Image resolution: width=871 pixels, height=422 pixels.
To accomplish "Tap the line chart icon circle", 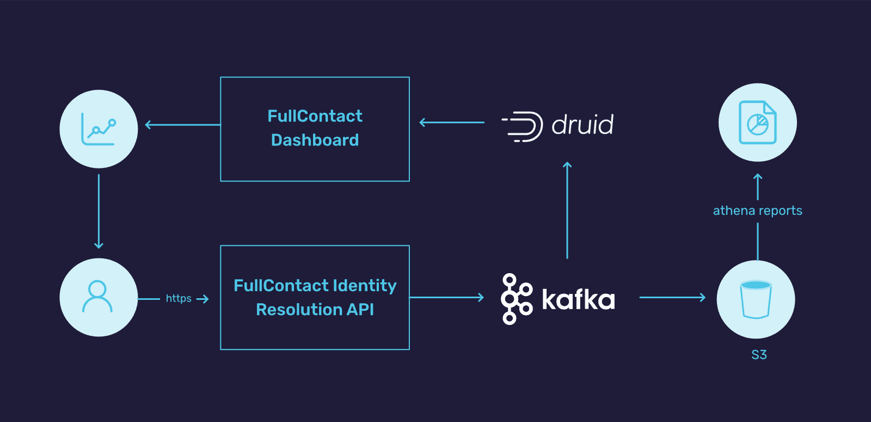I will [x=99, y=129].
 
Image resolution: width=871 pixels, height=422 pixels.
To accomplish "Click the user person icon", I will [x=97, y=297].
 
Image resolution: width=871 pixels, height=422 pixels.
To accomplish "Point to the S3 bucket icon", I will [x=756, y=299].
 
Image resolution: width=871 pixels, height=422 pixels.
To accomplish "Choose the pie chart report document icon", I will [x=757, y=123].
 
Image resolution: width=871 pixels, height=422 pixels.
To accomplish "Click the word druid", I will [x=582, y=125].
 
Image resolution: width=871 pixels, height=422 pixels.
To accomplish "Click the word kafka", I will [x=578, y=299].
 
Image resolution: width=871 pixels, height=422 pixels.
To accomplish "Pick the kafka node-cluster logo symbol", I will [x=516, y=299].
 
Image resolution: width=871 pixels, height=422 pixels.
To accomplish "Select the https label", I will [x=179, y=298].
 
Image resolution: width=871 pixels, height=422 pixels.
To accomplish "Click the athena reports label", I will [x=757, y=210].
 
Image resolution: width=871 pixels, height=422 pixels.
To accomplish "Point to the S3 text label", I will [x=759, y=355].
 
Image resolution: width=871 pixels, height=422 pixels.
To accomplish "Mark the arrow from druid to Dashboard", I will [x=452, y=123].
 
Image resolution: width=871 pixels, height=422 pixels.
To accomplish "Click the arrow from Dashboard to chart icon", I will [x=182, y=125].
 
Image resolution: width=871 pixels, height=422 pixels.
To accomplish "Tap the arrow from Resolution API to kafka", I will [x=446, y=297].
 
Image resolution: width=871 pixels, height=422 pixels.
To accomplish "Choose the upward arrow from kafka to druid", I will [x=567, y=210].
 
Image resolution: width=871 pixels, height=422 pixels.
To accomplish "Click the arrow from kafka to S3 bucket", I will [x=672, y=297].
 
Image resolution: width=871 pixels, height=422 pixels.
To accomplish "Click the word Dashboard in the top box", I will [x=315, y=140].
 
